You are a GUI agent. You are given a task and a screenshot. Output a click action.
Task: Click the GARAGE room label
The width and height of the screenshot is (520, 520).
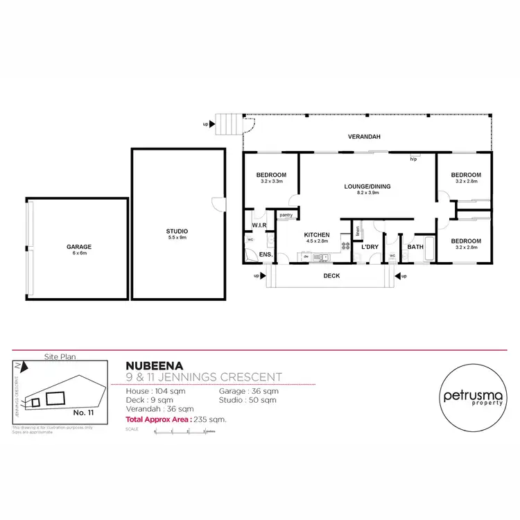pos(79,247)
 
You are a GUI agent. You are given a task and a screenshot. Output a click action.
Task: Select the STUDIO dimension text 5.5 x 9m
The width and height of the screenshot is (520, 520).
pos(177,237)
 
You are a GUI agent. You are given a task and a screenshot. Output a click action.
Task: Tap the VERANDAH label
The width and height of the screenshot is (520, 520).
pos(365,137)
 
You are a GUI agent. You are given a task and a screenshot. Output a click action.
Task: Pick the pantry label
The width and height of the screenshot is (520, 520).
pos(286,216)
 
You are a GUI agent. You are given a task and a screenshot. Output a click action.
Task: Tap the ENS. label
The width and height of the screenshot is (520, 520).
pos(264,255)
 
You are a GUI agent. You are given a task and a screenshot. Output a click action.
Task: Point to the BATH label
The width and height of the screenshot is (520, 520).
pos(415,247)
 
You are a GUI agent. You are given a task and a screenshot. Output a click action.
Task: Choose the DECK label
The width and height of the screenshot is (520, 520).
pos(330,275)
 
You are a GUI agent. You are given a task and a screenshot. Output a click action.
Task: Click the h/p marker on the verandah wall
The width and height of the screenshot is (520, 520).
pos(413,159)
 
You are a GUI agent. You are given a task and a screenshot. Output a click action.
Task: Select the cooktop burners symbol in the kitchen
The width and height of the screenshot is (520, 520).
pos(345,245)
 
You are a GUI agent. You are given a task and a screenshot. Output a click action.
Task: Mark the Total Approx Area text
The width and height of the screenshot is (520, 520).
pos(176,419)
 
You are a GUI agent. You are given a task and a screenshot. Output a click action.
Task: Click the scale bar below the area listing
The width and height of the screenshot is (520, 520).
pos(180,431)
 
